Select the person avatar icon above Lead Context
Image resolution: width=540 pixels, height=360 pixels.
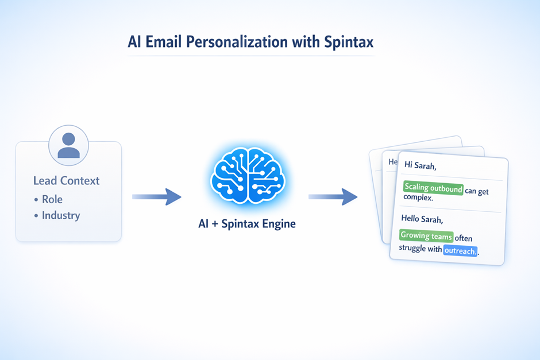[x=69, y=145]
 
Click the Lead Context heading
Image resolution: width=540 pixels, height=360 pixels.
[x=66, y=181]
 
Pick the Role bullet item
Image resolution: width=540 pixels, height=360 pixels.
[x=52, y=199]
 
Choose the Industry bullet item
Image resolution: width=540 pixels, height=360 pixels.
[x=60, y=216]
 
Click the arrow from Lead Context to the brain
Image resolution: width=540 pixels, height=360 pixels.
[x=156, y=197]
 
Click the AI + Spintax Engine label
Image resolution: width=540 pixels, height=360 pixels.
[x=246, y=223]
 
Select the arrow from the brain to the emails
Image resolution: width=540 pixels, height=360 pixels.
[x=333, y=197]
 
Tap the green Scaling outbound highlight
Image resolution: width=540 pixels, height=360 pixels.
[x=433, y=188]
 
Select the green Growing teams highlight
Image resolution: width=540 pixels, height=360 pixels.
[x=426, y=235]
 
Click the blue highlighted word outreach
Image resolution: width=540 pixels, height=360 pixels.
[x=460, y=250]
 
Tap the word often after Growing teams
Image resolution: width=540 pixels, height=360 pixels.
[x=464, y=237]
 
